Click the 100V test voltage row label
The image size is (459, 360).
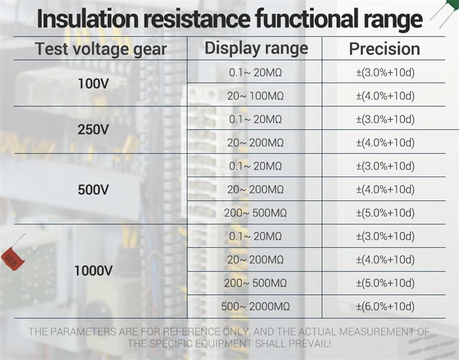93,84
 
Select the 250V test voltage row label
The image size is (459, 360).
93,130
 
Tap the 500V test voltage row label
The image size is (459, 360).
93,190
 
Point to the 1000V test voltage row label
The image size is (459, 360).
93,271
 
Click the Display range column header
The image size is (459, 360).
256,48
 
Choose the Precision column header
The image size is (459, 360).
384,49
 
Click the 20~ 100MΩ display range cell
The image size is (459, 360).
255,96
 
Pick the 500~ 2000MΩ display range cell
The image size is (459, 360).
255,307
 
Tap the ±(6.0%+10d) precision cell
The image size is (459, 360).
385,307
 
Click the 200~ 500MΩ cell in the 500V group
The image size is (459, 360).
255,213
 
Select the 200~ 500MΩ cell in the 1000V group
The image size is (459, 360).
255,283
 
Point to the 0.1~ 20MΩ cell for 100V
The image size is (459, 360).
255,73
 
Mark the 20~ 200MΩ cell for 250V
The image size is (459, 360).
255,143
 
